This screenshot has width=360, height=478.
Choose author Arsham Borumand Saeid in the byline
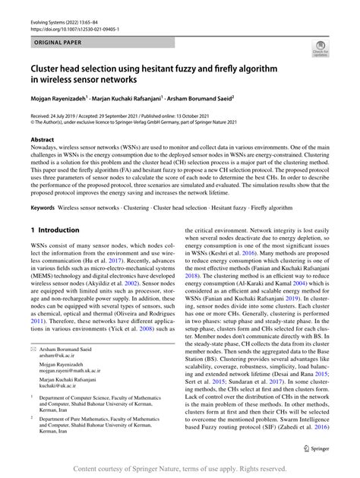[x=211, y=97]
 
